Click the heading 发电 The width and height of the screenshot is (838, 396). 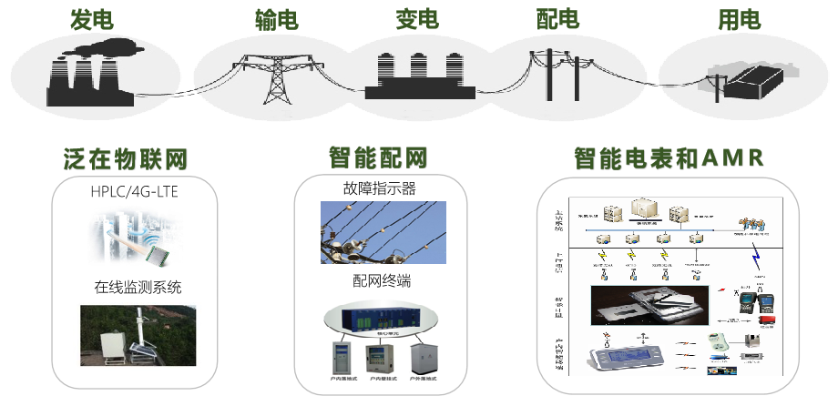[x=86, y=19]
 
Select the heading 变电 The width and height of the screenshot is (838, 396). [x=417, y=19]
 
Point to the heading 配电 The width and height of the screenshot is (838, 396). [x=557, y=19]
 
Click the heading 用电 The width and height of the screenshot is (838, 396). [x=740, y=19]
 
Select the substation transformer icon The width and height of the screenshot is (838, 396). [x=418, y=76]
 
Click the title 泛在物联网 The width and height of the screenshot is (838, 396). [x=127, y=161]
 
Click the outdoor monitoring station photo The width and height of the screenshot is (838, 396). [x=138, y=335]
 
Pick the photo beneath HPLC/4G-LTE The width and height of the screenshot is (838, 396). [x=136, y=239]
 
